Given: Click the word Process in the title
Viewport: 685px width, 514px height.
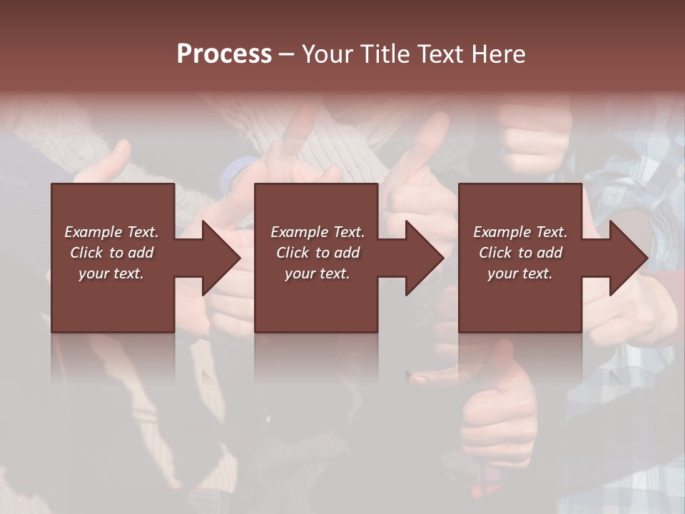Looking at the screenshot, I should click(224, 54).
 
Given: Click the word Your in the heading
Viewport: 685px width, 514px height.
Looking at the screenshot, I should click(328, 54).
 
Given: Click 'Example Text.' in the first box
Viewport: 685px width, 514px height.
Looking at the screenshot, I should click(111, 232).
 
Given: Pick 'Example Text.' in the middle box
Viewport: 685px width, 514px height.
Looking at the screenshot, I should click(318, 232).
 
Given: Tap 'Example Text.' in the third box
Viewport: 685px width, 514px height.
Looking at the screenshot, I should click(520, 232).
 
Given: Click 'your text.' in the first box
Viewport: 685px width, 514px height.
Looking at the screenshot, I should click(111, 273).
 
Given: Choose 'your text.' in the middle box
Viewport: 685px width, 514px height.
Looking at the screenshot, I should click(318, 273).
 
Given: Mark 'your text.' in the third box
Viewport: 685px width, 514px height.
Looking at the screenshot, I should click(520, 273).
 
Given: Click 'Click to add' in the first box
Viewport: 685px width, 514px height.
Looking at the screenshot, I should click(111, 253).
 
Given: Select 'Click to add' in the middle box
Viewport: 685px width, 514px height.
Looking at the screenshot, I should click(318, 253).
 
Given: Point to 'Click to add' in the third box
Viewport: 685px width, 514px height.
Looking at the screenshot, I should click(520, 253).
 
